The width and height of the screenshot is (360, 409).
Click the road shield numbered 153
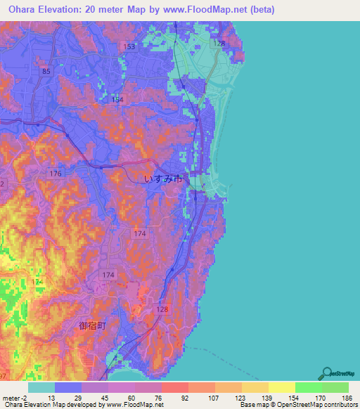[x=129, y=46]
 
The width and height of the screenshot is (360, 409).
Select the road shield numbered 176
[x=56, y=173]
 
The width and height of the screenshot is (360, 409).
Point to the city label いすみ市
[x=164, y=179]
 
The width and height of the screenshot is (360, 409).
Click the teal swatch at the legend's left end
[x=42, y=387]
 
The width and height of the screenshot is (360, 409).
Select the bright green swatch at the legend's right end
[x=335, y=387]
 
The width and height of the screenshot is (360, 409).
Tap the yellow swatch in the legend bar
[x=282, y=387]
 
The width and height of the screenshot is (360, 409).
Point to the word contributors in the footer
[x=338, y=405]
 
